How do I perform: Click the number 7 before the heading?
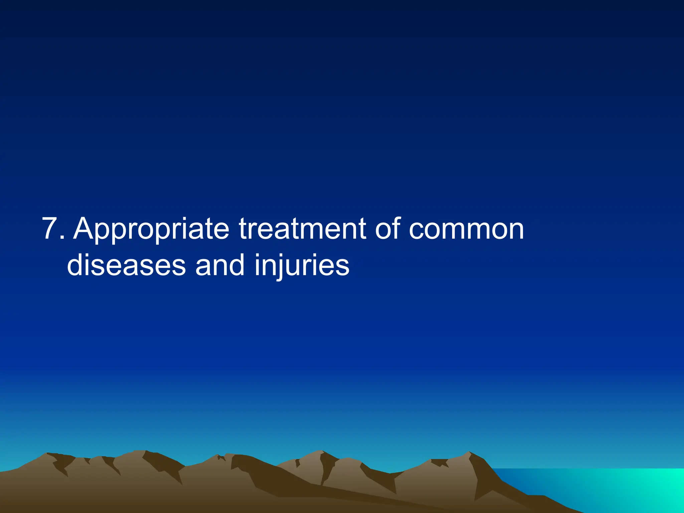pyautogui.click(x=51, y=229)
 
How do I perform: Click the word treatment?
pyautogui.click(x=302, y=229)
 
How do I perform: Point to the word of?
pyautogui.click(x=387, y=229)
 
